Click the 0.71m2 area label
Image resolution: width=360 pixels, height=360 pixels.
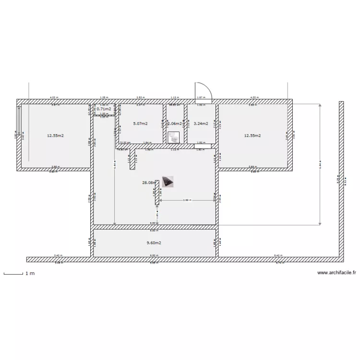tap(104, 109)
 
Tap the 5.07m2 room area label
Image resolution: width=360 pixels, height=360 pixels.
tap(140, 123)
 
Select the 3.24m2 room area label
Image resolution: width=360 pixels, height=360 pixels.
tap(200, 123)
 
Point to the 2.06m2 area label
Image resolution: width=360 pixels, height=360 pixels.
tap(174, 123)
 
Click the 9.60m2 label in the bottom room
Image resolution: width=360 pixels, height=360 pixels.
tap(154, 243)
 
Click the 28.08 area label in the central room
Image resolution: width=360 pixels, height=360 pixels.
tap(148, 182)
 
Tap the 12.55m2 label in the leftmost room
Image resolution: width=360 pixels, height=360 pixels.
tap(55, 136)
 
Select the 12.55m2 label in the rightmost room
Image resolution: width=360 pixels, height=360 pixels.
tap(252, 136)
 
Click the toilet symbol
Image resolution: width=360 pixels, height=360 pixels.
tap(174, 137)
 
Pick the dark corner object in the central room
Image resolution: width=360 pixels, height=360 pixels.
tap(168, 181)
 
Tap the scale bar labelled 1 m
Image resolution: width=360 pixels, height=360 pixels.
tap(14, 274)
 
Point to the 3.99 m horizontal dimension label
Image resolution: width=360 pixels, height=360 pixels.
tap(186, 200)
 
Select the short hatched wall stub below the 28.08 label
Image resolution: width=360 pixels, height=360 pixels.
tap(157, 192)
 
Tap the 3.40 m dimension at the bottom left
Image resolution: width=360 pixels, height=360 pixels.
tap(57, 255)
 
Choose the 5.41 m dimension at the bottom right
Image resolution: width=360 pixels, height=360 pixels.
tap(277, 255)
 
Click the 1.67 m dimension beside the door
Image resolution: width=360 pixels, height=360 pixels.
tap(200, 97)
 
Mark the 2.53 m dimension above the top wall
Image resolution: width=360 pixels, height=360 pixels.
tap(139, 97)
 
